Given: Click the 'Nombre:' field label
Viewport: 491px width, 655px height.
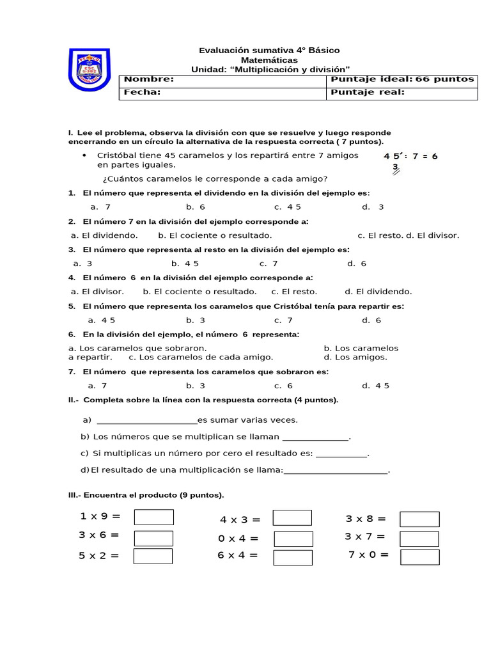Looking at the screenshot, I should tap(148, 79).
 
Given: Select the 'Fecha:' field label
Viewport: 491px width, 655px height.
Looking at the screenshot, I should tap(142, 92).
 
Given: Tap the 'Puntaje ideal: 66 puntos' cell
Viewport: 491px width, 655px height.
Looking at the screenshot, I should tap(402, 79).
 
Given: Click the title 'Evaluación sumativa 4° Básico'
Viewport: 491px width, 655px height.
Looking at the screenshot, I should tap(269, 50).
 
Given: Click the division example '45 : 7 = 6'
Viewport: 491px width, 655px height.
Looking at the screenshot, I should tap(410, 156).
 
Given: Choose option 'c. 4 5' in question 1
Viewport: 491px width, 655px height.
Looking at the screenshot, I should tap(287, 207).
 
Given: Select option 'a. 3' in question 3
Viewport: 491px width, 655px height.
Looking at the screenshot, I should tap(83, 264).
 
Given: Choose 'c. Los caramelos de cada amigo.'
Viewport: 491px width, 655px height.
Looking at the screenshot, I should tap(201, 357).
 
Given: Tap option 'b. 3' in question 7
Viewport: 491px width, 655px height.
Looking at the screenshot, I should tap(196, 386).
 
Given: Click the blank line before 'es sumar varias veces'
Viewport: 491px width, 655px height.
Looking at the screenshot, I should tap(146, 420).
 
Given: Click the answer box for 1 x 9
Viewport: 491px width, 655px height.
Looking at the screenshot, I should tap(153, 517).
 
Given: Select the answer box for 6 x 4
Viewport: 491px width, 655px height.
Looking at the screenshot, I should tap(293, 557).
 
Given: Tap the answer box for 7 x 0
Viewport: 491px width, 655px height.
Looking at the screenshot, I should tap(419, 556).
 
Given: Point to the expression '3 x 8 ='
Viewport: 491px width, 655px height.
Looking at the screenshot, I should tap(366, 519).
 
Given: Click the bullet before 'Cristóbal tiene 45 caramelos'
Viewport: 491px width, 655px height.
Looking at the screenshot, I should tap(84, 155).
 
